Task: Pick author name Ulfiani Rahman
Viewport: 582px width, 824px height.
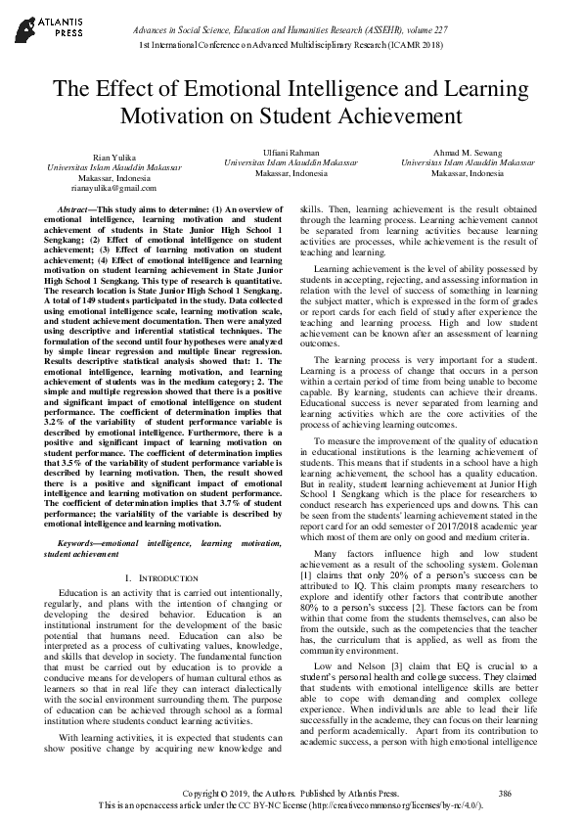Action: [291, 152]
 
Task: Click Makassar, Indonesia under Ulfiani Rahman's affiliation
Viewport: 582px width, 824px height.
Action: [291, 173]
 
